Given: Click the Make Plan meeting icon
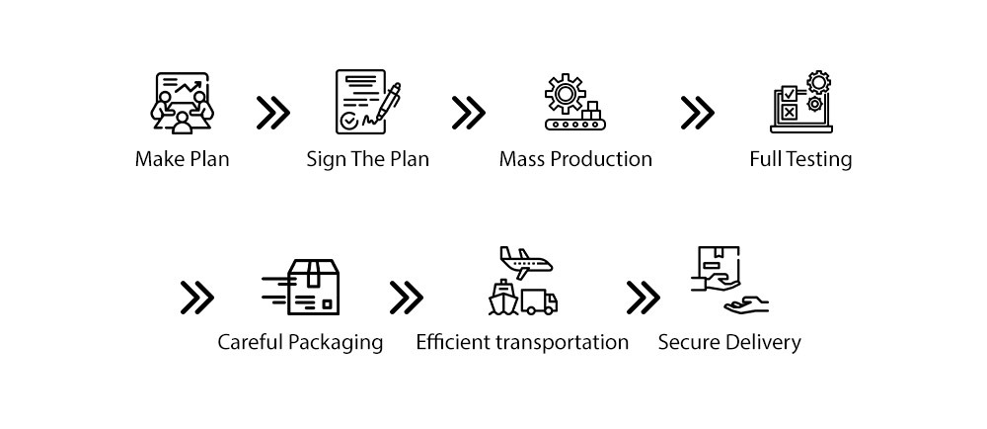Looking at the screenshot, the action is [x=182, y=103].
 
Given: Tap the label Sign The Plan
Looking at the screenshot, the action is [x=367, y=159].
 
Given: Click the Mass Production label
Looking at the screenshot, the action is [x=575, y=159].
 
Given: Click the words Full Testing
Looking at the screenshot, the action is [x=800, y=159].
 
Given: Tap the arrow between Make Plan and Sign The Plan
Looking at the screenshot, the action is [x=273, y=114].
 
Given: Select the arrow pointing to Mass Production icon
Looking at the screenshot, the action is [x=468, y=114].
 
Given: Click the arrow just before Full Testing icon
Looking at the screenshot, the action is [x=697, y=114].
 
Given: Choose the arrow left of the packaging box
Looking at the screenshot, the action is [x=196, y=297].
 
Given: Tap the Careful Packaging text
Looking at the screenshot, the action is [x=300, y=343].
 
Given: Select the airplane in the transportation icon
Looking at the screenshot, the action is [x=526, y=263].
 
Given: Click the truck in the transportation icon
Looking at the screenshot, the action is [x=540, y=301].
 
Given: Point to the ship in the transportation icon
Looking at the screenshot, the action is [x=503, y=300].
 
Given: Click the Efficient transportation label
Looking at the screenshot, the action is [x=522, y=343].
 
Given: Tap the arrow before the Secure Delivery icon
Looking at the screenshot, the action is [x=643, y=297].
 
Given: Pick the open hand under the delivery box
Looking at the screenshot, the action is [x=747, y=305].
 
